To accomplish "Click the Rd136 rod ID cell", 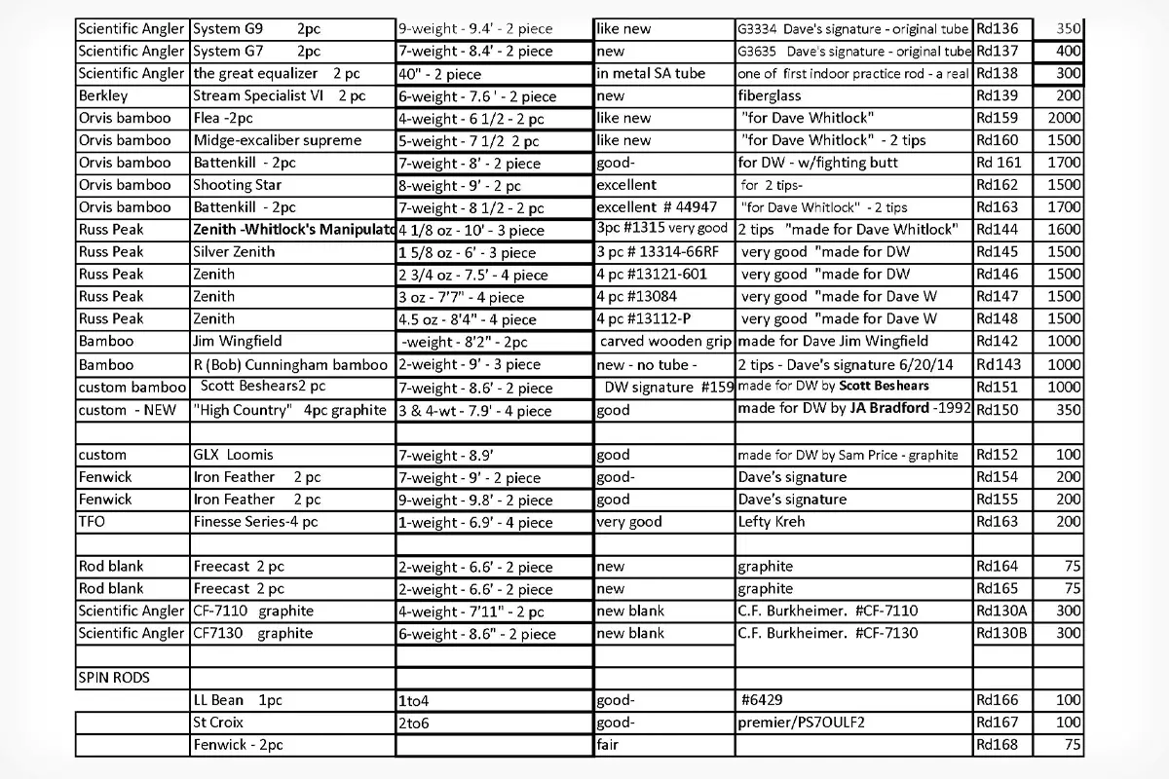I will (995, 29).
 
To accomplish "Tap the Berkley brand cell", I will (103, 95).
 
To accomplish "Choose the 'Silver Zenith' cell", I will (234, 251).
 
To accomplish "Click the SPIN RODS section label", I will (113, 678).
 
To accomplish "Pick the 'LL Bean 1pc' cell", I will (238, 700).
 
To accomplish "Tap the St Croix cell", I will (218, 723).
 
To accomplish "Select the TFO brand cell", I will (92, 522).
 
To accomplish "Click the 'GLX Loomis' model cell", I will (234, 455).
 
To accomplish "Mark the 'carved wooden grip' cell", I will (663, 342).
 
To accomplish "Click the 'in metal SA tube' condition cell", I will (651, 73).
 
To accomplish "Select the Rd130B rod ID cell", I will (1000, 633).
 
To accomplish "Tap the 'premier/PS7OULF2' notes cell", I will (802, 723).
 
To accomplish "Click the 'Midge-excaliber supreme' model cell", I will (278, 140).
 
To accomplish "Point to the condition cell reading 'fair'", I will (610, 745).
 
